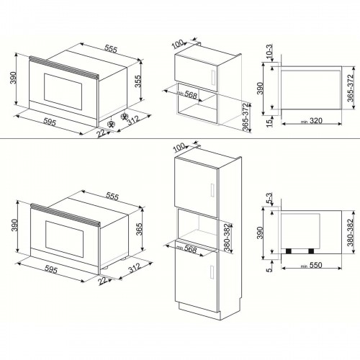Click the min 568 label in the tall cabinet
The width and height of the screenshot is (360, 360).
pos(189,249)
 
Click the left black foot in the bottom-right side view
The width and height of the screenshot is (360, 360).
pos(290,251)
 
